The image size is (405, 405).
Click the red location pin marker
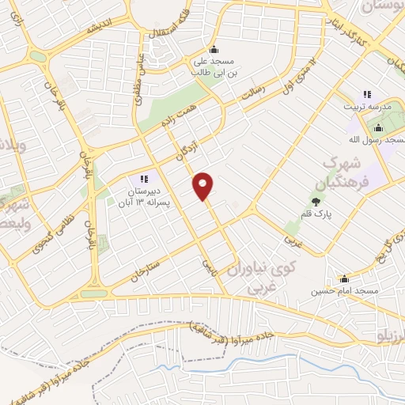pyautogui.click(x=203, y=186)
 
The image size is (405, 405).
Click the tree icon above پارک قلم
pyautogui.click(x=316, y=202)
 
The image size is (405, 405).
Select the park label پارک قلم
pyautogui.click(x=316, y=214)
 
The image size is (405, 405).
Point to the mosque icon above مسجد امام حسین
pyautogui.click(x=343, y=278)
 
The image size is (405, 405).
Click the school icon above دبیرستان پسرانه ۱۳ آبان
pyautogui.click(x=144, y=179)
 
